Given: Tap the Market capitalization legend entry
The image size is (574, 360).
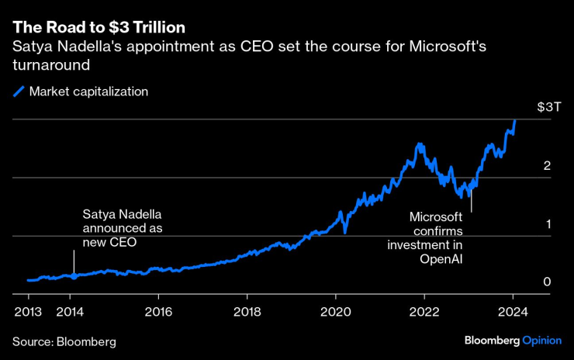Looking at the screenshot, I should click(x=88, y=92).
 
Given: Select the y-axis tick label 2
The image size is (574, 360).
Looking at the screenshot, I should click(x=547, y=165).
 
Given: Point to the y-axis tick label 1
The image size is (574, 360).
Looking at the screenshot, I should click(x=547, y=223).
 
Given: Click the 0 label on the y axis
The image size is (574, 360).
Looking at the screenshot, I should click(x=547, y=282).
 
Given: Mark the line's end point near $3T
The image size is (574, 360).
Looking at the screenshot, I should click(x=515, y=120).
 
